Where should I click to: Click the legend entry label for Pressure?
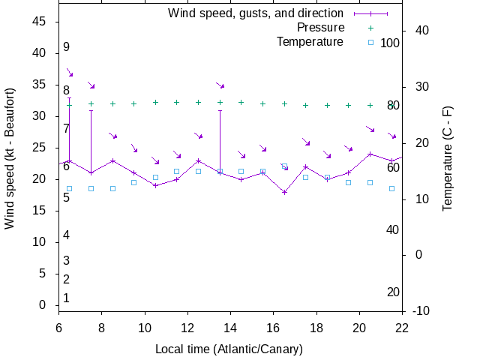click(320, 28)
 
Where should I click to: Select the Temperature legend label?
click(310, 41)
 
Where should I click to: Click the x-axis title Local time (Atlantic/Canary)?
click(229, 349)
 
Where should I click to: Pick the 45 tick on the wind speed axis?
click(40, 22)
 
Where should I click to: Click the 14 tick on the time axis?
click(230, 327)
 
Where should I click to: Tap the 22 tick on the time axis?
click(402, 327)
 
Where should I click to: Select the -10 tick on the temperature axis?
click(421, 311)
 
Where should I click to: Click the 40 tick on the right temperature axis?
click(421, 31)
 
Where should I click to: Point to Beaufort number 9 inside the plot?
click(66, 47)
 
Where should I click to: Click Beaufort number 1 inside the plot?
click(66, 298)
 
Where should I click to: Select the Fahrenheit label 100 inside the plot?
click(390, 43)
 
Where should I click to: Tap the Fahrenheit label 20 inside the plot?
click(393, 292)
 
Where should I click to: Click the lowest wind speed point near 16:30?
click(284, 192)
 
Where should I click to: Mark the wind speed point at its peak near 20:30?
click(370, 154)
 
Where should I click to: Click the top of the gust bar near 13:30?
click(220, 111)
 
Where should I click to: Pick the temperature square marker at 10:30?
click(155, 178)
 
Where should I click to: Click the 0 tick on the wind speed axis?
click(43, 305)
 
